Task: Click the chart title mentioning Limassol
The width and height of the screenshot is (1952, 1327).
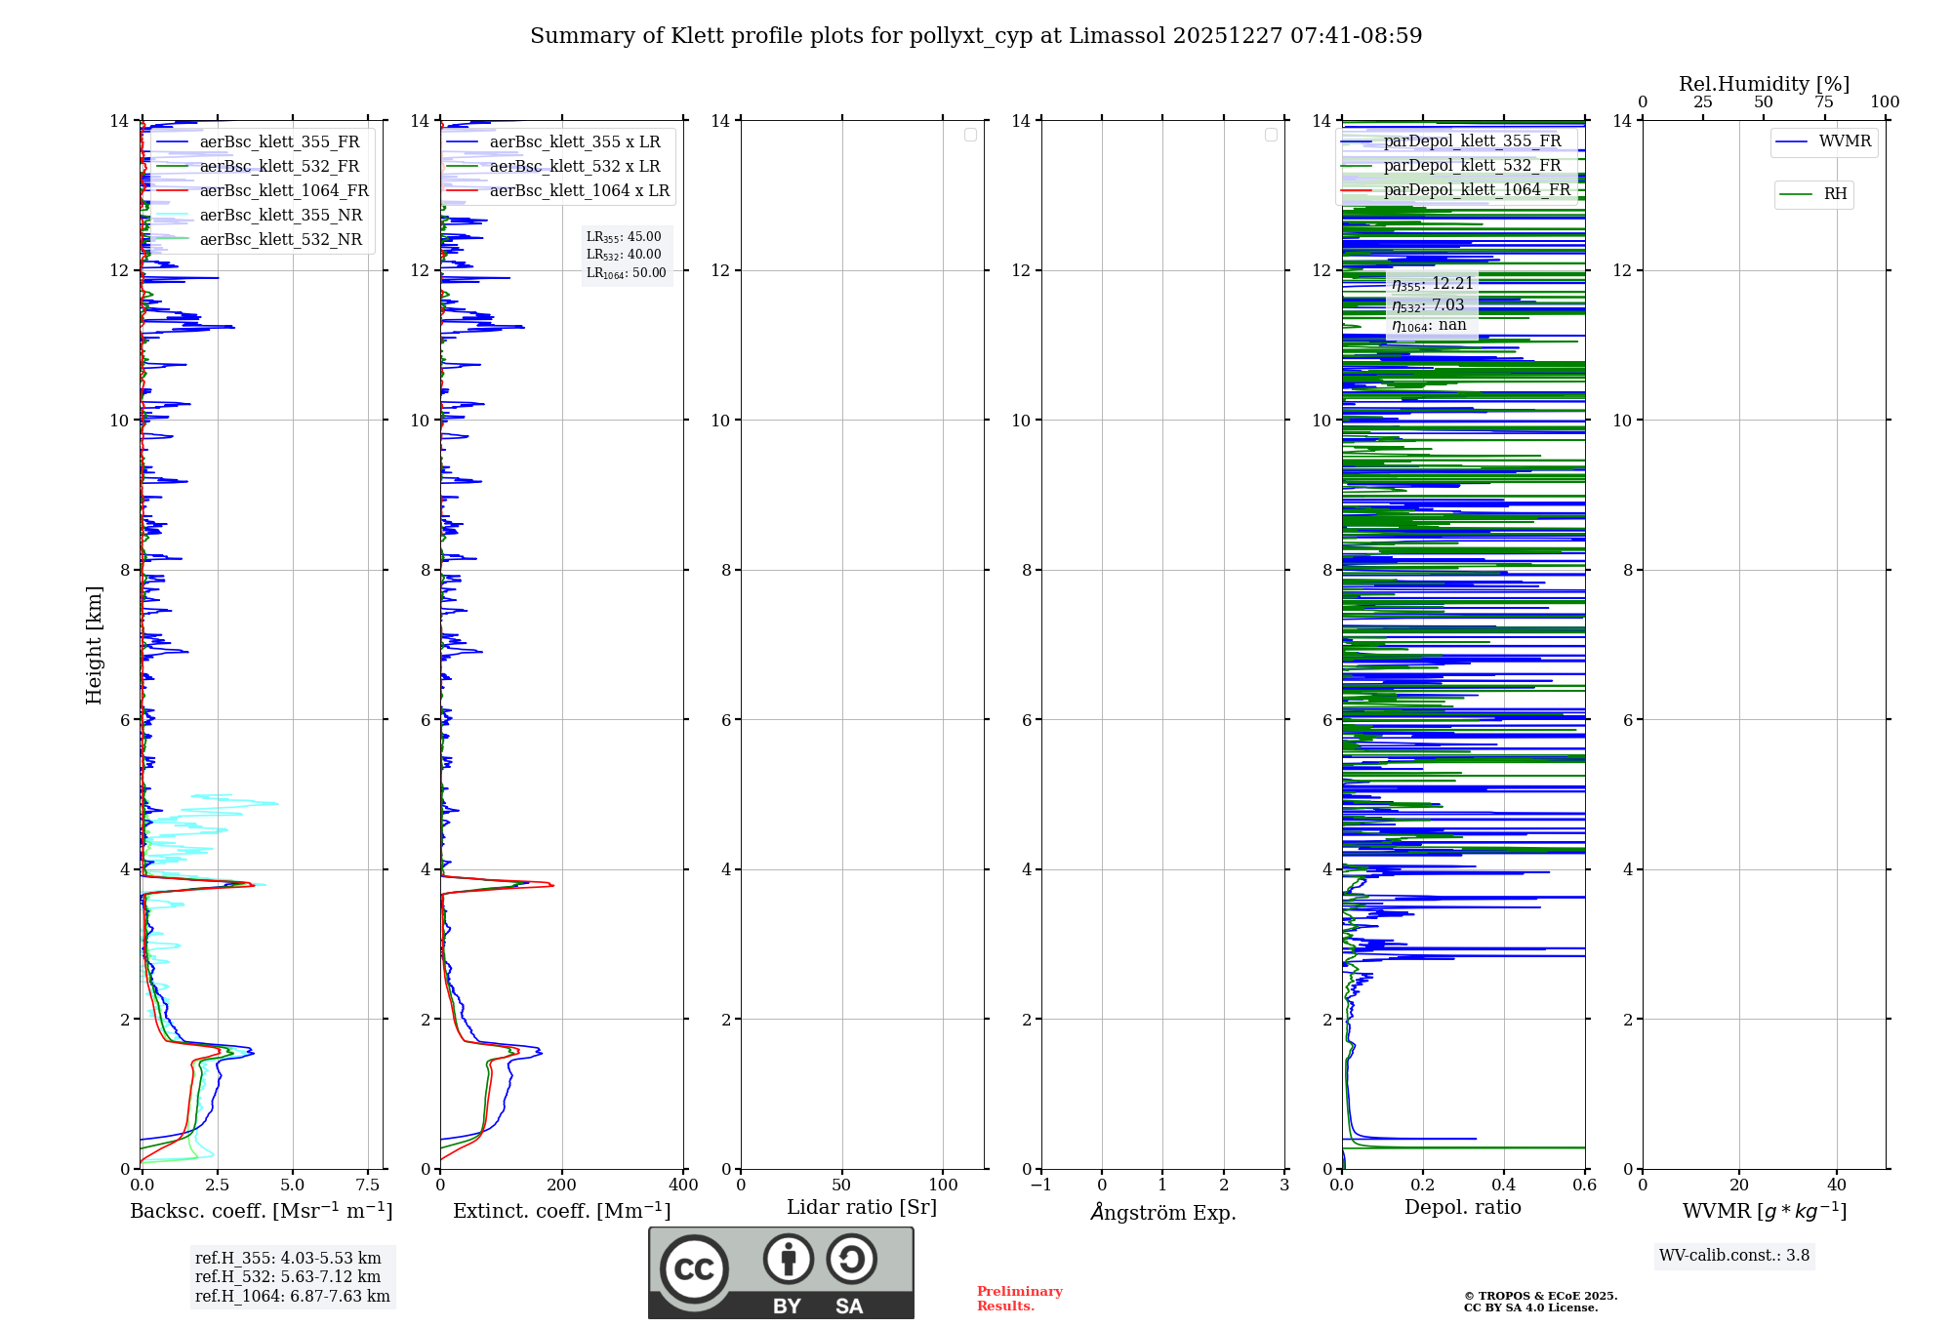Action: (976, 36)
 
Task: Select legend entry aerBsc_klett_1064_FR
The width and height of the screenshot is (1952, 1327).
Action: (283, 191)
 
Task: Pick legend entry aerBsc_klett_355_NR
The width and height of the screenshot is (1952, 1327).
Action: (280, 216)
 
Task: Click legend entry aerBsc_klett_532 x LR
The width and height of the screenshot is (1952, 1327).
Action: (574, 167)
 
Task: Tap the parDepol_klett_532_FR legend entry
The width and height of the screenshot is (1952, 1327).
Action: (1472, 166)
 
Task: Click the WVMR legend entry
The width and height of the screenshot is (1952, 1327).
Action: (1845, 141)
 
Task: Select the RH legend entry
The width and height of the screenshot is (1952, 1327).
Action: (1835, 194)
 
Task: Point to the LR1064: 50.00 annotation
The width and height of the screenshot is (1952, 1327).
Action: (626, 273)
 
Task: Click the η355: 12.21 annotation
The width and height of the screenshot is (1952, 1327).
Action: (1432, 284)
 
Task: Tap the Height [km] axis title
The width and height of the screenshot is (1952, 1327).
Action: (94, 645)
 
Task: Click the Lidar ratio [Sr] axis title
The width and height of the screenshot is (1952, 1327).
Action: (862, 1208)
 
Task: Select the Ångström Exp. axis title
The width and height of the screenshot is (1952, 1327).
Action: (1163, 1213)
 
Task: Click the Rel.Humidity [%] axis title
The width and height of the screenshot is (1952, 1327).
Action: (1764, 84)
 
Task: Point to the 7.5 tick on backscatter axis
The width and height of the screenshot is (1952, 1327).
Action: (368, 1186)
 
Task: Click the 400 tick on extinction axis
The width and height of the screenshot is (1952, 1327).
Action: (683, 1186)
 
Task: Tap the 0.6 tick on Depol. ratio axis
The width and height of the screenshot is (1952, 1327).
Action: (1584, 1186)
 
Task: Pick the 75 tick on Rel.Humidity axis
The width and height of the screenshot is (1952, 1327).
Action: (1823, 102)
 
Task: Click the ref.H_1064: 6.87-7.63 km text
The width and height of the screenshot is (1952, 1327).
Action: (292, 1297)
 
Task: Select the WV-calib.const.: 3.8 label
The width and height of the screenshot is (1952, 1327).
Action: (1734, 1256)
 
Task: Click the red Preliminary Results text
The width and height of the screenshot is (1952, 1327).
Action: (1019, 1299)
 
